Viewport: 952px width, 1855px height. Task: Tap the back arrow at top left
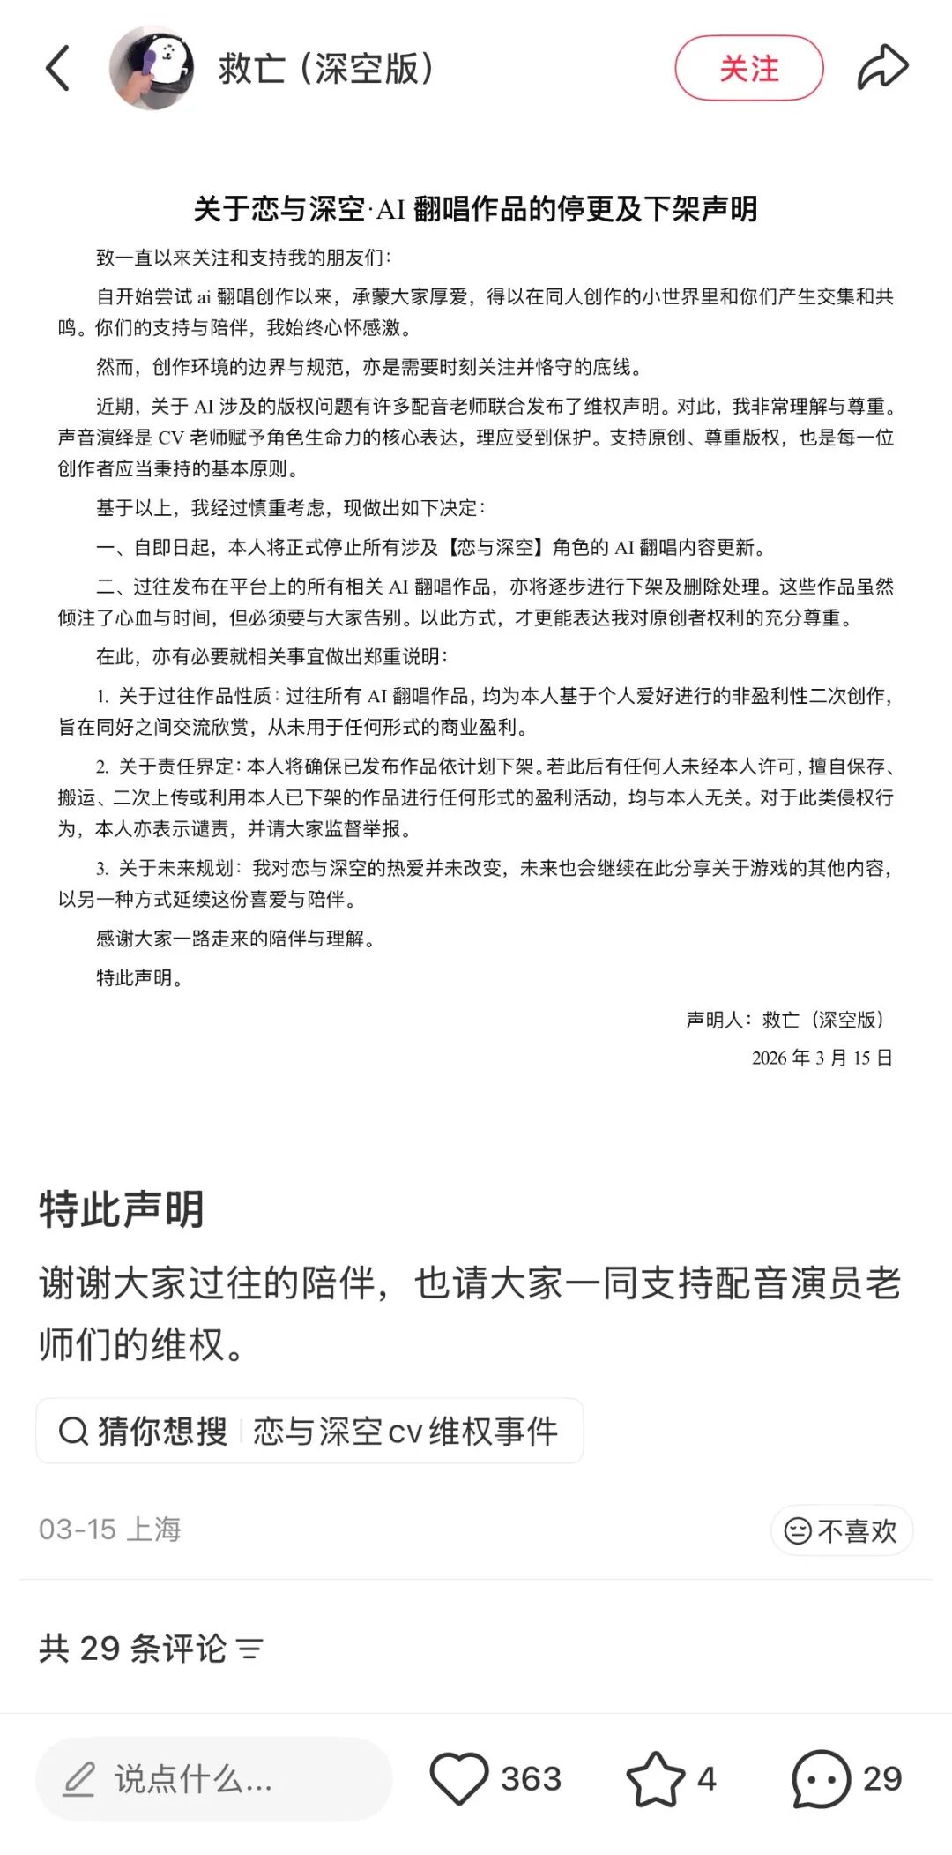pos(58,69)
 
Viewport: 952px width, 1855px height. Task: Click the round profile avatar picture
pos(152,68)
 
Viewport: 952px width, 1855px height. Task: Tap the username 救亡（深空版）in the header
pos(326,69)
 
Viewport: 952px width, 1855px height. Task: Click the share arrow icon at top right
pos(882,68)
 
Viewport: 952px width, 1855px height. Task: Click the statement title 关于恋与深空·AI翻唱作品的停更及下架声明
pos(475,209)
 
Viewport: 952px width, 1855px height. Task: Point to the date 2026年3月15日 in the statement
pos(822,1058)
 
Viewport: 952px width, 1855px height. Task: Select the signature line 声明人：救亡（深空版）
pos(785,1020)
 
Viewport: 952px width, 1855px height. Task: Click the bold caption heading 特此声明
pos(122,1209)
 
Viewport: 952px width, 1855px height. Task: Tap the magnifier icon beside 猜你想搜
pos(73,1431)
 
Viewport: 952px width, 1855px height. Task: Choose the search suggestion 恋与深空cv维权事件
pos(405,1431)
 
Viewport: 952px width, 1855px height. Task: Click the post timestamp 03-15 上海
pos(110,1530)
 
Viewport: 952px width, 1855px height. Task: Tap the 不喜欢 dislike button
pos(842,1530)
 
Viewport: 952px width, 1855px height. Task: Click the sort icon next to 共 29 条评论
pos(249,1649)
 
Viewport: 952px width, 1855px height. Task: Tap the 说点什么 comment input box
pos(213,1779)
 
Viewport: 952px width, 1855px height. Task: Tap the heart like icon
pos(458,1779)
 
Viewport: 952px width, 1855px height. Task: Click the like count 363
pos(531,1779)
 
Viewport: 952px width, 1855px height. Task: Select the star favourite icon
pos(655,1779)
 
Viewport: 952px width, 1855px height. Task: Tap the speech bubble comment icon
pos(821,1779)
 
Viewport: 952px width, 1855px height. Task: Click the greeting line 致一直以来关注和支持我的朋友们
pos(243,258)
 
